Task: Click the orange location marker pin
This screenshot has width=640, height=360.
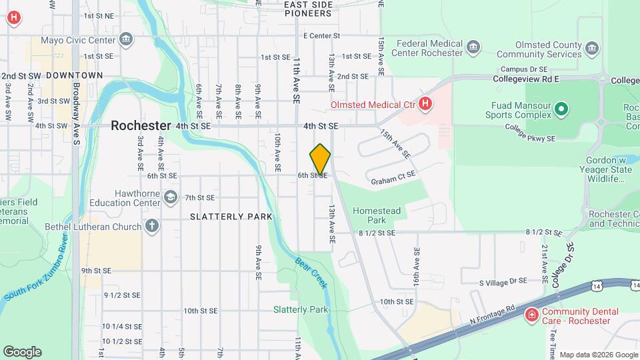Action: [x=320, y=159]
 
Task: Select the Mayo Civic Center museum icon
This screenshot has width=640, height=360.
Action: [x=126, y=40]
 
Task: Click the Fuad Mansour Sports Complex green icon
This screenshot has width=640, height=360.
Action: [x=561, y=109]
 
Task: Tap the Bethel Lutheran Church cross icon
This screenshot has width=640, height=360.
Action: [x=152, y=227]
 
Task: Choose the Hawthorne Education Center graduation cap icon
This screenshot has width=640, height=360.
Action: [x=171, y=197]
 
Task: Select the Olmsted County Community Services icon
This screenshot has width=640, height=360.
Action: [x=591, y=47]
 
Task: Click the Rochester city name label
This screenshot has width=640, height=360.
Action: [x=141, y=125]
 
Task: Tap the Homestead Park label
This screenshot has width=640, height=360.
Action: [x=377, y=215]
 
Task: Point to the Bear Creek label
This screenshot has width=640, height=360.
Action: [x=311, y=272]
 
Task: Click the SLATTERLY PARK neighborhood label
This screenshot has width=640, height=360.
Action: [x=231, y=216]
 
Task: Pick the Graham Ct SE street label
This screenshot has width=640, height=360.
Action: [x=393, y=177]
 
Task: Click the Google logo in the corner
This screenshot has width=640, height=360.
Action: [x=22, y=351]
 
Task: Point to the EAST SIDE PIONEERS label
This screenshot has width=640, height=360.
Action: [x=307, y=9]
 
